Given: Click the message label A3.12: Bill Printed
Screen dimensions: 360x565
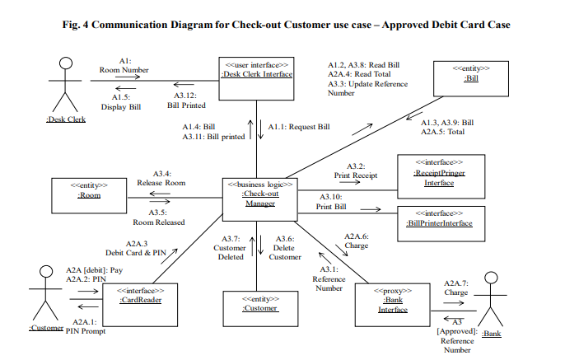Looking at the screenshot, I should pos(186,99).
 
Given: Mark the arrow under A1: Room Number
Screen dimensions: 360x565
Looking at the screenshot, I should pos(124,80).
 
